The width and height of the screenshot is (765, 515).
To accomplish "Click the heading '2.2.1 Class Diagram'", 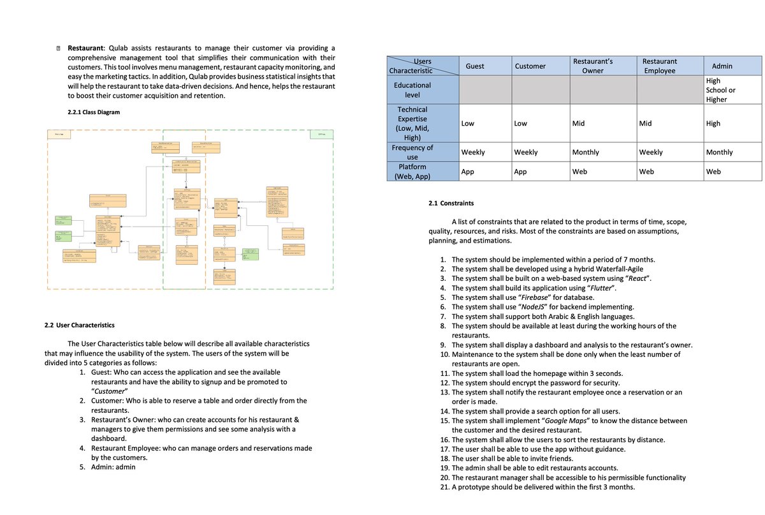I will coord(93,112).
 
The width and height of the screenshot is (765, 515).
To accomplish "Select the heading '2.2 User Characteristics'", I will coord(80,325).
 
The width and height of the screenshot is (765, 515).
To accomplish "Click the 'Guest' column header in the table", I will coord(475,66).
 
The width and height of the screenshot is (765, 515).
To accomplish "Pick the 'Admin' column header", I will coord(722,66).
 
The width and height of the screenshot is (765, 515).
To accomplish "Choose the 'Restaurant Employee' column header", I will coord(660,66).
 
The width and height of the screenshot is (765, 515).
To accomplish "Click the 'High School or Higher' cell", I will coord(720,90).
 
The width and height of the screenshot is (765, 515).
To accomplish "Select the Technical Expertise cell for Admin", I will coord(713,124).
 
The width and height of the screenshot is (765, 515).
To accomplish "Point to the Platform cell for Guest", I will coord(468,172).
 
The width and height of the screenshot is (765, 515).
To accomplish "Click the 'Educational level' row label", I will coord(412,89).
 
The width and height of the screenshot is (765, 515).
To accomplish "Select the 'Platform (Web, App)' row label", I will coord(412,172).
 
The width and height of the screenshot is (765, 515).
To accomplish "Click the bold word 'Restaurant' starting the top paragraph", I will coord(86,48).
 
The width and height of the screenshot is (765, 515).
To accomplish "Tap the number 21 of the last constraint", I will coord(444,488).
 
